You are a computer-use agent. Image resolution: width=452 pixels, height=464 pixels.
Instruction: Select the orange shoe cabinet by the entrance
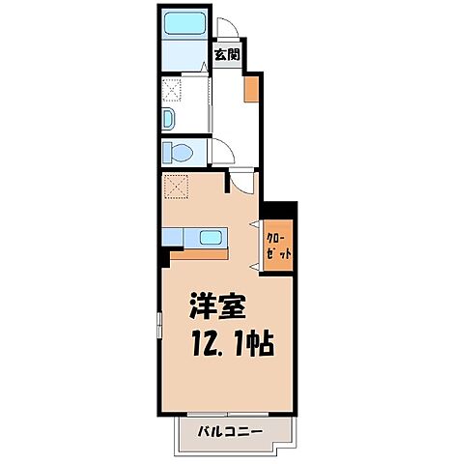point(251,88)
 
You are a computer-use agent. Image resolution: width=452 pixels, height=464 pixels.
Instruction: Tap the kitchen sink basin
point(211,237)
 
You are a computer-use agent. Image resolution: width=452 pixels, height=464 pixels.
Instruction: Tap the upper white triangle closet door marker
point(255,225)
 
